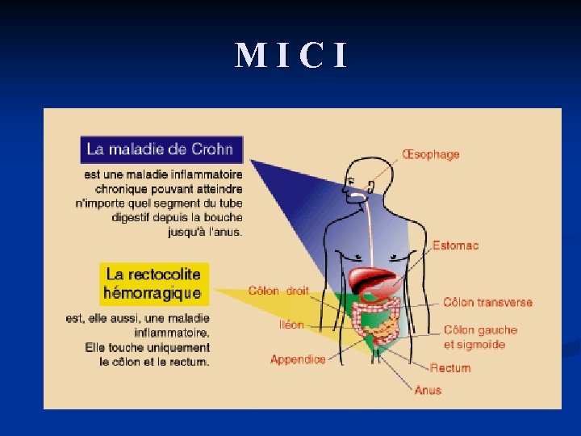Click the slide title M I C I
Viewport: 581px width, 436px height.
click(x=291, y=56)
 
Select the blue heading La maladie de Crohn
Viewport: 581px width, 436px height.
click(x=161, y=149)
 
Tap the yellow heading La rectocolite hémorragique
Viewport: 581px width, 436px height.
click(x=153, y=283)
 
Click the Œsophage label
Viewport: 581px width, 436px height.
click(x=430, y=154)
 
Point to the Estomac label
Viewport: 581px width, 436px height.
click(x=455, y=245)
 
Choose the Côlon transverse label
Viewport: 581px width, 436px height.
click(x=487, y=302)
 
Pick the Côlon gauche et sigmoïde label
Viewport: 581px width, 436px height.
click(x=480, y=337)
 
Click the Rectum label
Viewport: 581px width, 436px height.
click(x=450, y=368)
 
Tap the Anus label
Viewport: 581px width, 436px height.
click(x=428, y=390)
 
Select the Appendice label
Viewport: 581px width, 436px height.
click(x=298, y=359)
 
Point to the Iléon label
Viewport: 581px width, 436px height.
click(x=291, y=325)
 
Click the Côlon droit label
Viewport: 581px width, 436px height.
click(x=278, y=291)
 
